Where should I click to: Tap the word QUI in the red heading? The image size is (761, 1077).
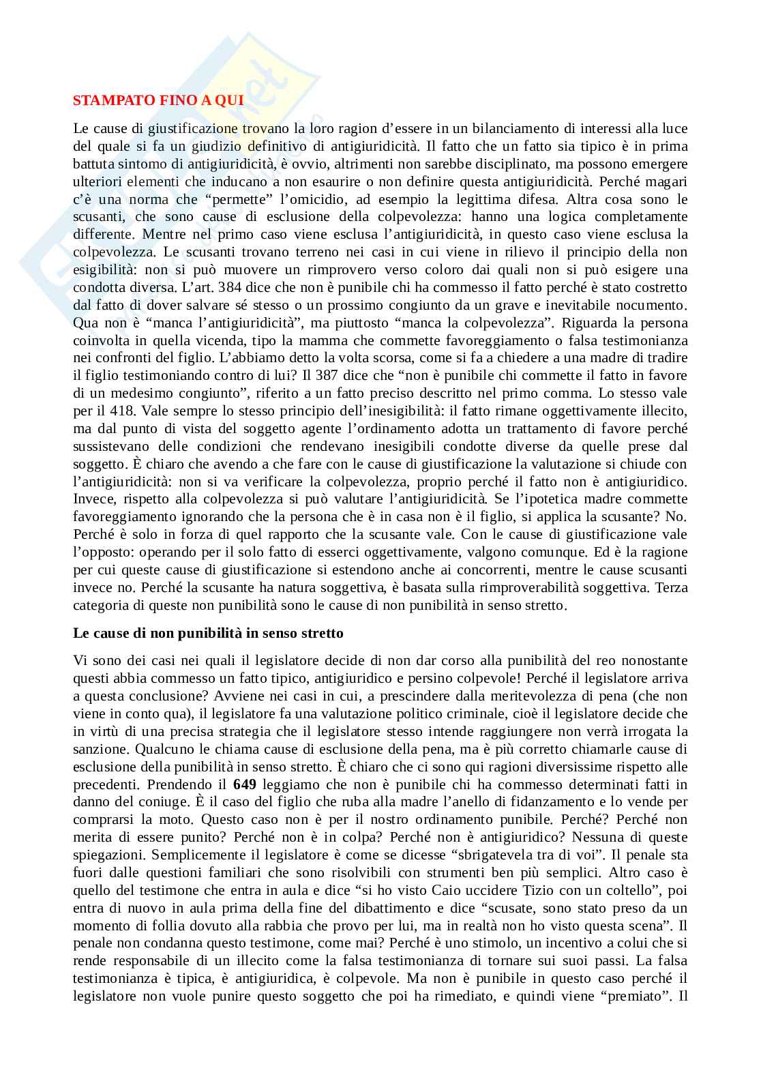[229, 101]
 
